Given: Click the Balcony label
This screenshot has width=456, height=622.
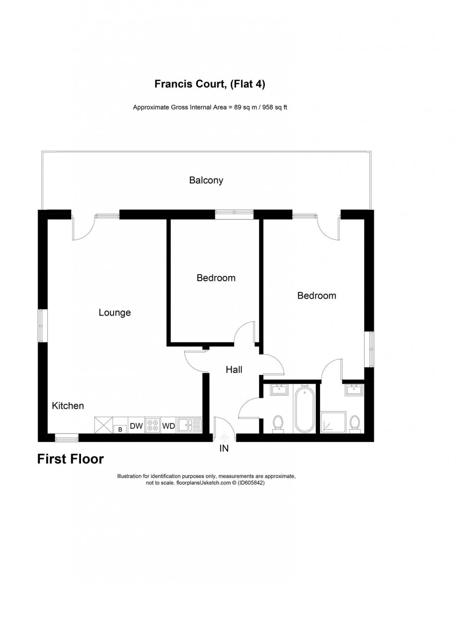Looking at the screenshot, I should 206,180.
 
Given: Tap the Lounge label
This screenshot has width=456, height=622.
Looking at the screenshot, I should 114,312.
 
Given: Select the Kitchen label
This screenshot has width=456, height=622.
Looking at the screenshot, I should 68,406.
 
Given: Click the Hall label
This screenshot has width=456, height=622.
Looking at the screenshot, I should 234,370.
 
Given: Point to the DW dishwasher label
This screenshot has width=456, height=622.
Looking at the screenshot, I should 136,426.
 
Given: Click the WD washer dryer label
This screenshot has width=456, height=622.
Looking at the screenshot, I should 168,426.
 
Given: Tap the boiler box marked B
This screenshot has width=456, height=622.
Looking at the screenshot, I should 120,429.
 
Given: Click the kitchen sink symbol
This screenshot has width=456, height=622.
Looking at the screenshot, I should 189,425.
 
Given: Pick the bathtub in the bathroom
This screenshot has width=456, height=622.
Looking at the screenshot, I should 305,408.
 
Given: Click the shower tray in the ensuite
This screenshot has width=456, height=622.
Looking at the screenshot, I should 333,422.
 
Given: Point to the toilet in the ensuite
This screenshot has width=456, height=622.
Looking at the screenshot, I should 355,424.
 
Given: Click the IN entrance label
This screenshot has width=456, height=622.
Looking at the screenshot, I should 224,449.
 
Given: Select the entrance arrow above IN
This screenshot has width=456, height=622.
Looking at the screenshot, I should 224,438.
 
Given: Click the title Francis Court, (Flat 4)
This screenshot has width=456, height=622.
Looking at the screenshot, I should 210,84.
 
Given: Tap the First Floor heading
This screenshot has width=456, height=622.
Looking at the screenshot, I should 71,459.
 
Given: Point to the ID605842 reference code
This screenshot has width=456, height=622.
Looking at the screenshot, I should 251,483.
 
